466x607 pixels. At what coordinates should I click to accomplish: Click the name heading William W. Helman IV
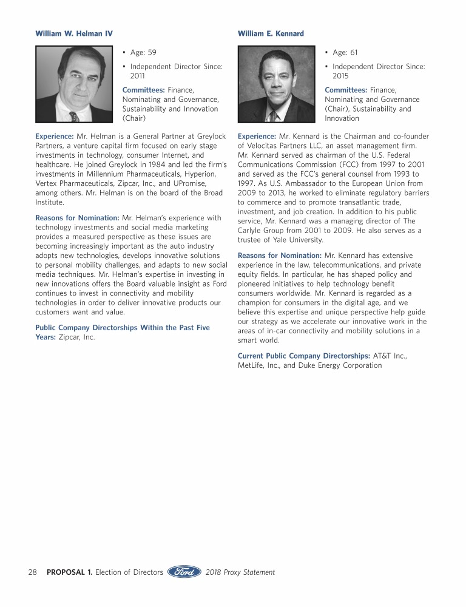74,33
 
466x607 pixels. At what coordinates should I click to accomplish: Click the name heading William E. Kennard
271,33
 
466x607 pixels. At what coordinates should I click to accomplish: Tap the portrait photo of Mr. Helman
74,85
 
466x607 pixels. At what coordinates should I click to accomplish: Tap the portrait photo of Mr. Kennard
277,85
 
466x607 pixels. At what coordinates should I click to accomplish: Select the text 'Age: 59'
143,53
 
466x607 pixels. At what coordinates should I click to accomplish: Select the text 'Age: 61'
345,53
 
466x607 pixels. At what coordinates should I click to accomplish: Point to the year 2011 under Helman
137,76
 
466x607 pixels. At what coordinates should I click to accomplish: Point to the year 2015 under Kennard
340,76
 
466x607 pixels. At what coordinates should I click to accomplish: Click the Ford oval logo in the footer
184,572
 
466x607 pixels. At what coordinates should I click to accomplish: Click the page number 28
33,572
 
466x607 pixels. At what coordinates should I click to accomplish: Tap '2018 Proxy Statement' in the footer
240,572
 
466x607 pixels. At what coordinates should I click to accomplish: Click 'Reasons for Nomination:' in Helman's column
77,217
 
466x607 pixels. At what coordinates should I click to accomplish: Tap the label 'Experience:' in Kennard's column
257,137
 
